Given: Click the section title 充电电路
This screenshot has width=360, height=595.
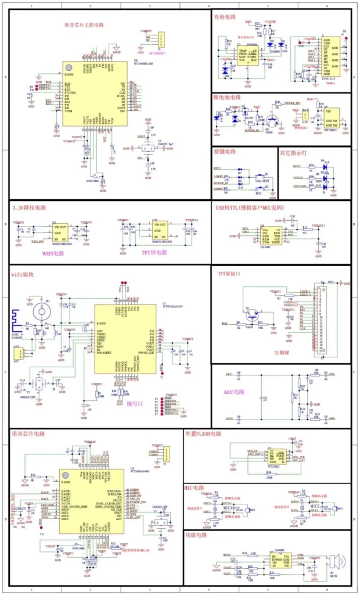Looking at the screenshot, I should click(x=225, y=17).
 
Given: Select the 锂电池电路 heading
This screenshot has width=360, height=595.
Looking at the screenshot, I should click(x=227, y=97).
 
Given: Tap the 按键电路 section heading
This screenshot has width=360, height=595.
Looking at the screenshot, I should click(x=225, y=152).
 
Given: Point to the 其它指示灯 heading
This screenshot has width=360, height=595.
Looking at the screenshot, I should click(x=294, y=152).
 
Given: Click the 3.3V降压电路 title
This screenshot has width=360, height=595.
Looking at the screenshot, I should click(x=29, y=207).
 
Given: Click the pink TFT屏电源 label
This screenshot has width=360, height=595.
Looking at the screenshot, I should click(x=154, y=252).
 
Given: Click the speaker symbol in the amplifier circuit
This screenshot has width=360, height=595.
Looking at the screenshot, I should click(x=335, y=562).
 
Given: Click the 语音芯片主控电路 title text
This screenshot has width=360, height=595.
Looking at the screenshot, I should click(x=83, y=25).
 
